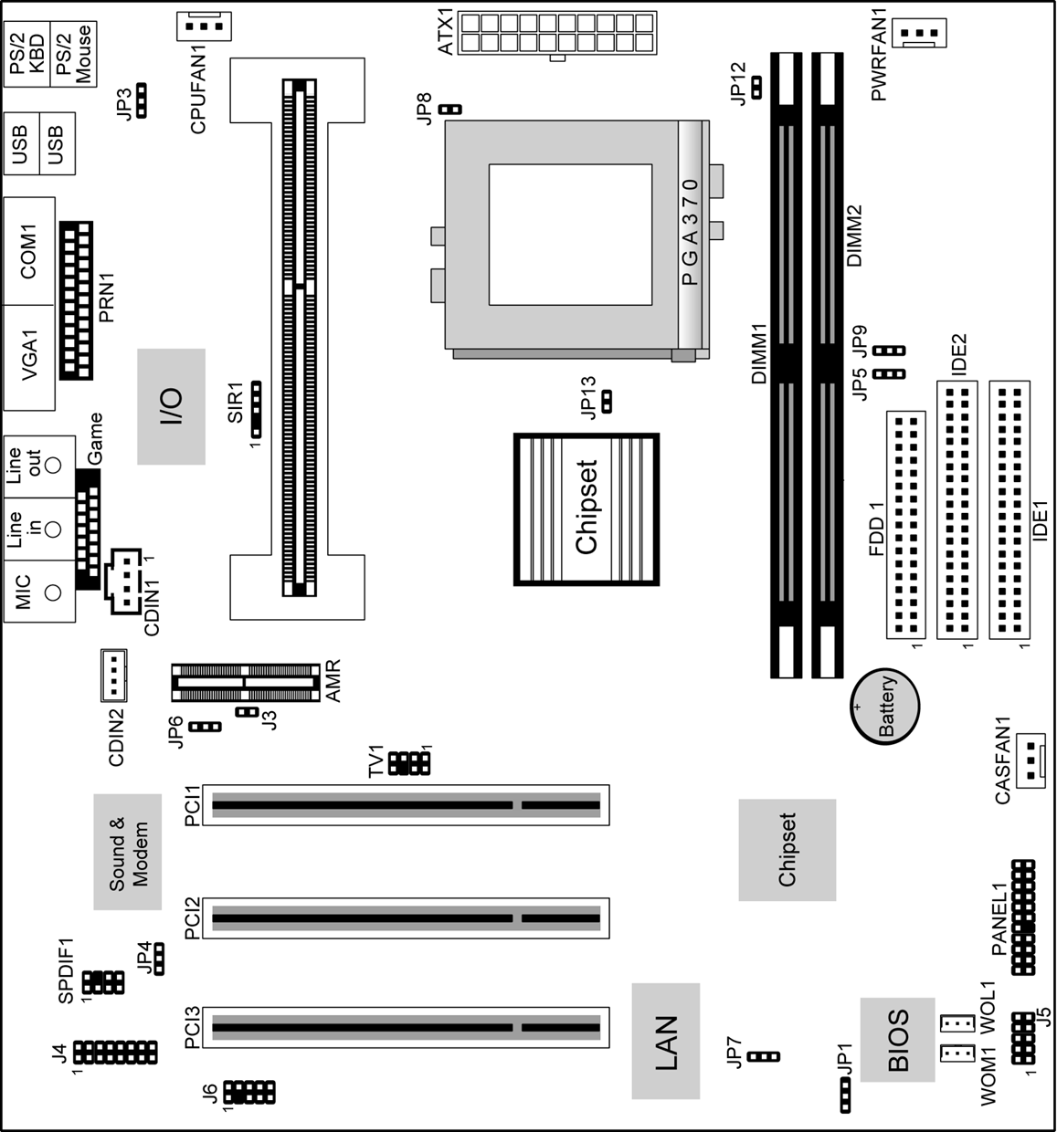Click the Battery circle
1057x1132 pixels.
point(885,707)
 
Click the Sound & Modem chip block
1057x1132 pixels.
point(128,852)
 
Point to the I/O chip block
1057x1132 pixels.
point(171,406)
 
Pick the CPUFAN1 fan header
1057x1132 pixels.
point(204,26)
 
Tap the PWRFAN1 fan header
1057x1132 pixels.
point(918,33)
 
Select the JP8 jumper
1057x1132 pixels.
point(450,109)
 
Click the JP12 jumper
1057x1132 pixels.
point(756,88)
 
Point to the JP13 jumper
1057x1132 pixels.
point(607,402)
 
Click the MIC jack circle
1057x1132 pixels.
point(52,592)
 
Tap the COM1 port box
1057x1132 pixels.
point(29,251)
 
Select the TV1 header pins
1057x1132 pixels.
point(409,763)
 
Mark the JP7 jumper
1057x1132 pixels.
point(763,1056)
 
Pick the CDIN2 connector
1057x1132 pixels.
point(114,676)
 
